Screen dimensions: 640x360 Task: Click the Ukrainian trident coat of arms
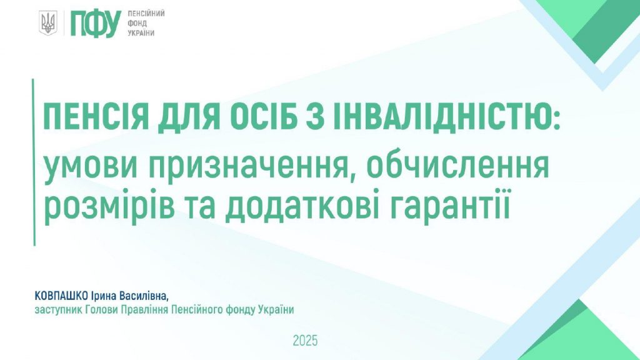click(x=48, y=23)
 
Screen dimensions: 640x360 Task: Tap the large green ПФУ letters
click(x=96, y=23)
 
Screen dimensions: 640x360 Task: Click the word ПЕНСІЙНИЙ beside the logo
click(x=146, y=14)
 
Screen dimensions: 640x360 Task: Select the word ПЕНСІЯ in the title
click(x=96, y=117)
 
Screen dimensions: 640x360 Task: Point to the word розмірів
click(x=109, y=207)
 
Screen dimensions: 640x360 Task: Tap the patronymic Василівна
click(x=144, y=296)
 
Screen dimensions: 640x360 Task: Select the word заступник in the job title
click(x=58, y=310)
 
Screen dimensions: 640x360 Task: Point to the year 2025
click(x=305, y=341)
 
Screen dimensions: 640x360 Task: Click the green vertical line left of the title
click(x=34, y=162)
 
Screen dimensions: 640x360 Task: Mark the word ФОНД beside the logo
click(x=137, y=23)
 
